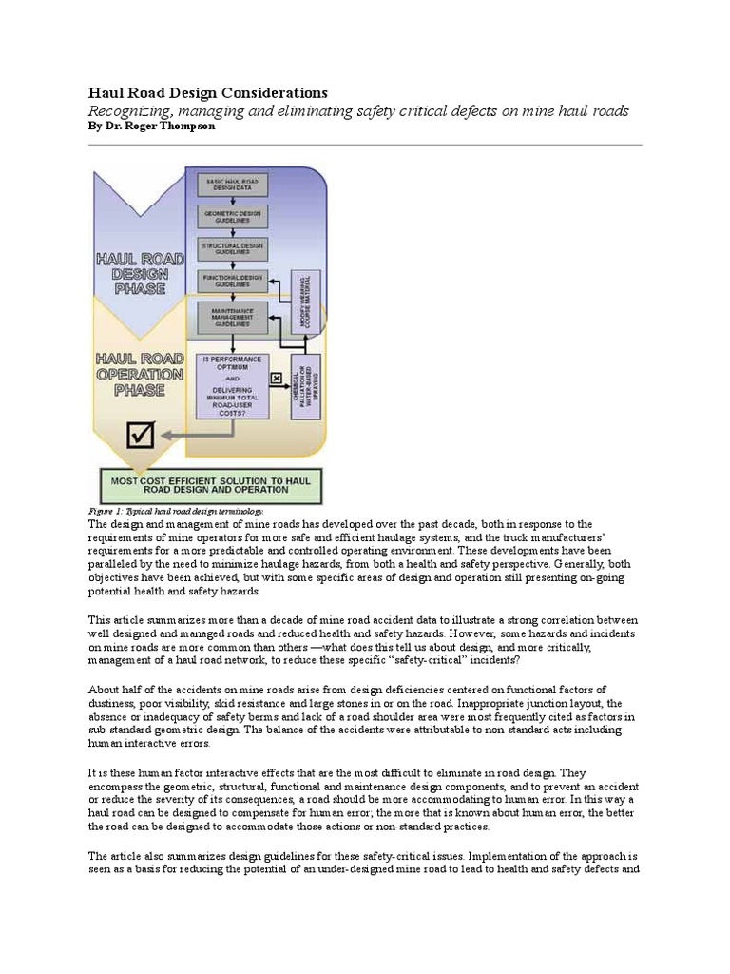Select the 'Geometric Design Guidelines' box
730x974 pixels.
pos(232,216)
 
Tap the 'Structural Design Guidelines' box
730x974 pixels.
pos(232,248)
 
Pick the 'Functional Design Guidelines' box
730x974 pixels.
pos(232,282)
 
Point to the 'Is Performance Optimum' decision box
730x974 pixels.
pos(232,386)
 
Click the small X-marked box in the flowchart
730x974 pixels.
pos(277,379)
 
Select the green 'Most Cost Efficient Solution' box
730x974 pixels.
pos(213,485)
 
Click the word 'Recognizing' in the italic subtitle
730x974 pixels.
pos(130,110)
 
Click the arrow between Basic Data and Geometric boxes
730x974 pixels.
pos(232,199)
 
